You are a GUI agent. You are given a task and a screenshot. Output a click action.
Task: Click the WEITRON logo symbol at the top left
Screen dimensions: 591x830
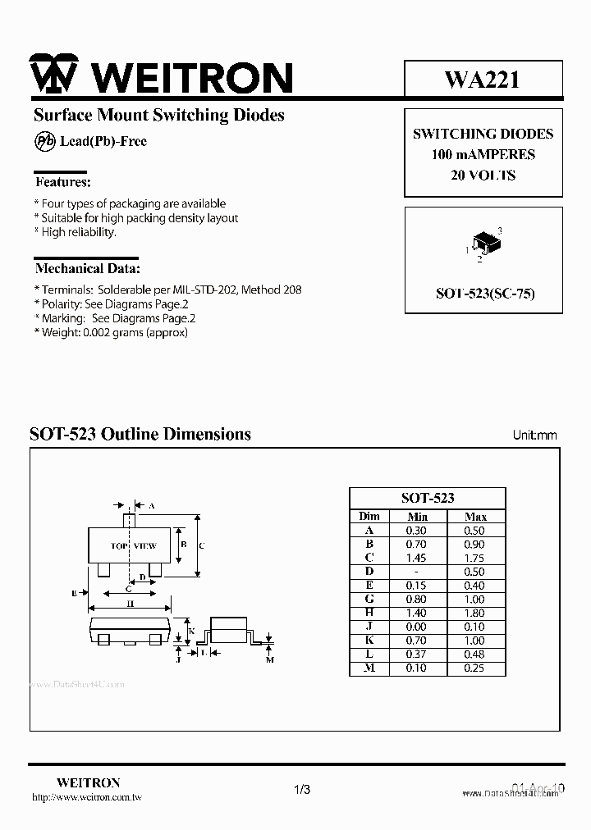[x=53, y=75]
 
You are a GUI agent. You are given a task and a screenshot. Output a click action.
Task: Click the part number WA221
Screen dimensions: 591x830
[x=482, y=79]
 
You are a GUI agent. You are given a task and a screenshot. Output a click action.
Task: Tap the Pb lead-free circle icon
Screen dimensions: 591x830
[x=44, y=141]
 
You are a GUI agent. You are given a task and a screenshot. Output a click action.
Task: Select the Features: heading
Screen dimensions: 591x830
[x=62, y=181]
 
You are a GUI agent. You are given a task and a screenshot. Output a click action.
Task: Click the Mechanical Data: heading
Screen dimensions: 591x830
[x=87, y=268]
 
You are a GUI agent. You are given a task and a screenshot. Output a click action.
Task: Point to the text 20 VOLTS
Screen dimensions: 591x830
[x=483, y=175]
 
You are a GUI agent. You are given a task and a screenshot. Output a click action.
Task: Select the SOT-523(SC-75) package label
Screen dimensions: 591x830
[x=483, y=293]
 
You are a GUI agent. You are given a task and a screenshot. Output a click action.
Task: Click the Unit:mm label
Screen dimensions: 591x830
[x=534, y=435]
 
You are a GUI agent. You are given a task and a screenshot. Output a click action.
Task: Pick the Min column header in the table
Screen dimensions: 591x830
[x=417, y=517]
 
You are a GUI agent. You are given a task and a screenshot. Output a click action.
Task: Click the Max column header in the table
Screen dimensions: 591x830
[x=475, y=517]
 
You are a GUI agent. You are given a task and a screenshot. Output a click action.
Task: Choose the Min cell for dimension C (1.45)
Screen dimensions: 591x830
[x=417, y=558]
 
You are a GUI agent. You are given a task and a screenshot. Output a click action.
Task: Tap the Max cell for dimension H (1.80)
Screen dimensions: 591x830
[x=475, y=613]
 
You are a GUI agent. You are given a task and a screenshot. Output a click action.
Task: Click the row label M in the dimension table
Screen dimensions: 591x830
[x=369, y=668]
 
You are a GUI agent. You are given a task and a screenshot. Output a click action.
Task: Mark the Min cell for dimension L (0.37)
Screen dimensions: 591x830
[x=417, y=654]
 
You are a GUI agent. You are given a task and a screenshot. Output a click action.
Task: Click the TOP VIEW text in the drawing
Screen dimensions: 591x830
[x=133, y=545]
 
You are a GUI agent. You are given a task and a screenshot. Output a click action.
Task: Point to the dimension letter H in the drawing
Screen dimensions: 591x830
[x=130, y=604]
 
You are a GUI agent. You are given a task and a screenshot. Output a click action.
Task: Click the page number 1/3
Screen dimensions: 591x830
[x=301, y=790]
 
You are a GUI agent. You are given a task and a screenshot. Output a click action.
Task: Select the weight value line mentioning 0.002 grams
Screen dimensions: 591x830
[x=111, y=332]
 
